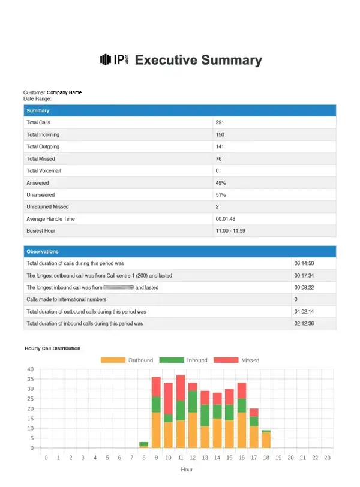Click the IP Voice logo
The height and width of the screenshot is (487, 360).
pyautogui.click(x=114, y=59)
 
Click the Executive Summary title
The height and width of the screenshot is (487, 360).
pyautogui.click(x=199, y=60)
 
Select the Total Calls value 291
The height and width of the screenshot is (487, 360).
pyautogui.click(x=220, y=122)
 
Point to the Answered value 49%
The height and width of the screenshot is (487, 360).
pyautogui.click(x=220, y=182)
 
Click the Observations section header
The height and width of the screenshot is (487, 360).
pyautogui.click(x=43, y=251)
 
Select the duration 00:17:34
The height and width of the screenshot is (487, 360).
pyautogui.click(x=304, y=275)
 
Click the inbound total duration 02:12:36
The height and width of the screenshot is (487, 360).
pyautogui.click(x=304, y=323)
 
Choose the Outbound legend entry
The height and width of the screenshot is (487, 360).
pyautogui.click(x=127, y=360)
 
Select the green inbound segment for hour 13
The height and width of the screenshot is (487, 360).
pyautogui.click(x=205, y=415)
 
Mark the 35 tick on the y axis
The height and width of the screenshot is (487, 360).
pyautogui.click(x=30, y=379)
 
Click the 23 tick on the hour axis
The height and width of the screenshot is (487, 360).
pyautogui.click(x=327, y=458)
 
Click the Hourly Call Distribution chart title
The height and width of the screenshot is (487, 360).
pyautogui.click(x=52, y=348)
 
